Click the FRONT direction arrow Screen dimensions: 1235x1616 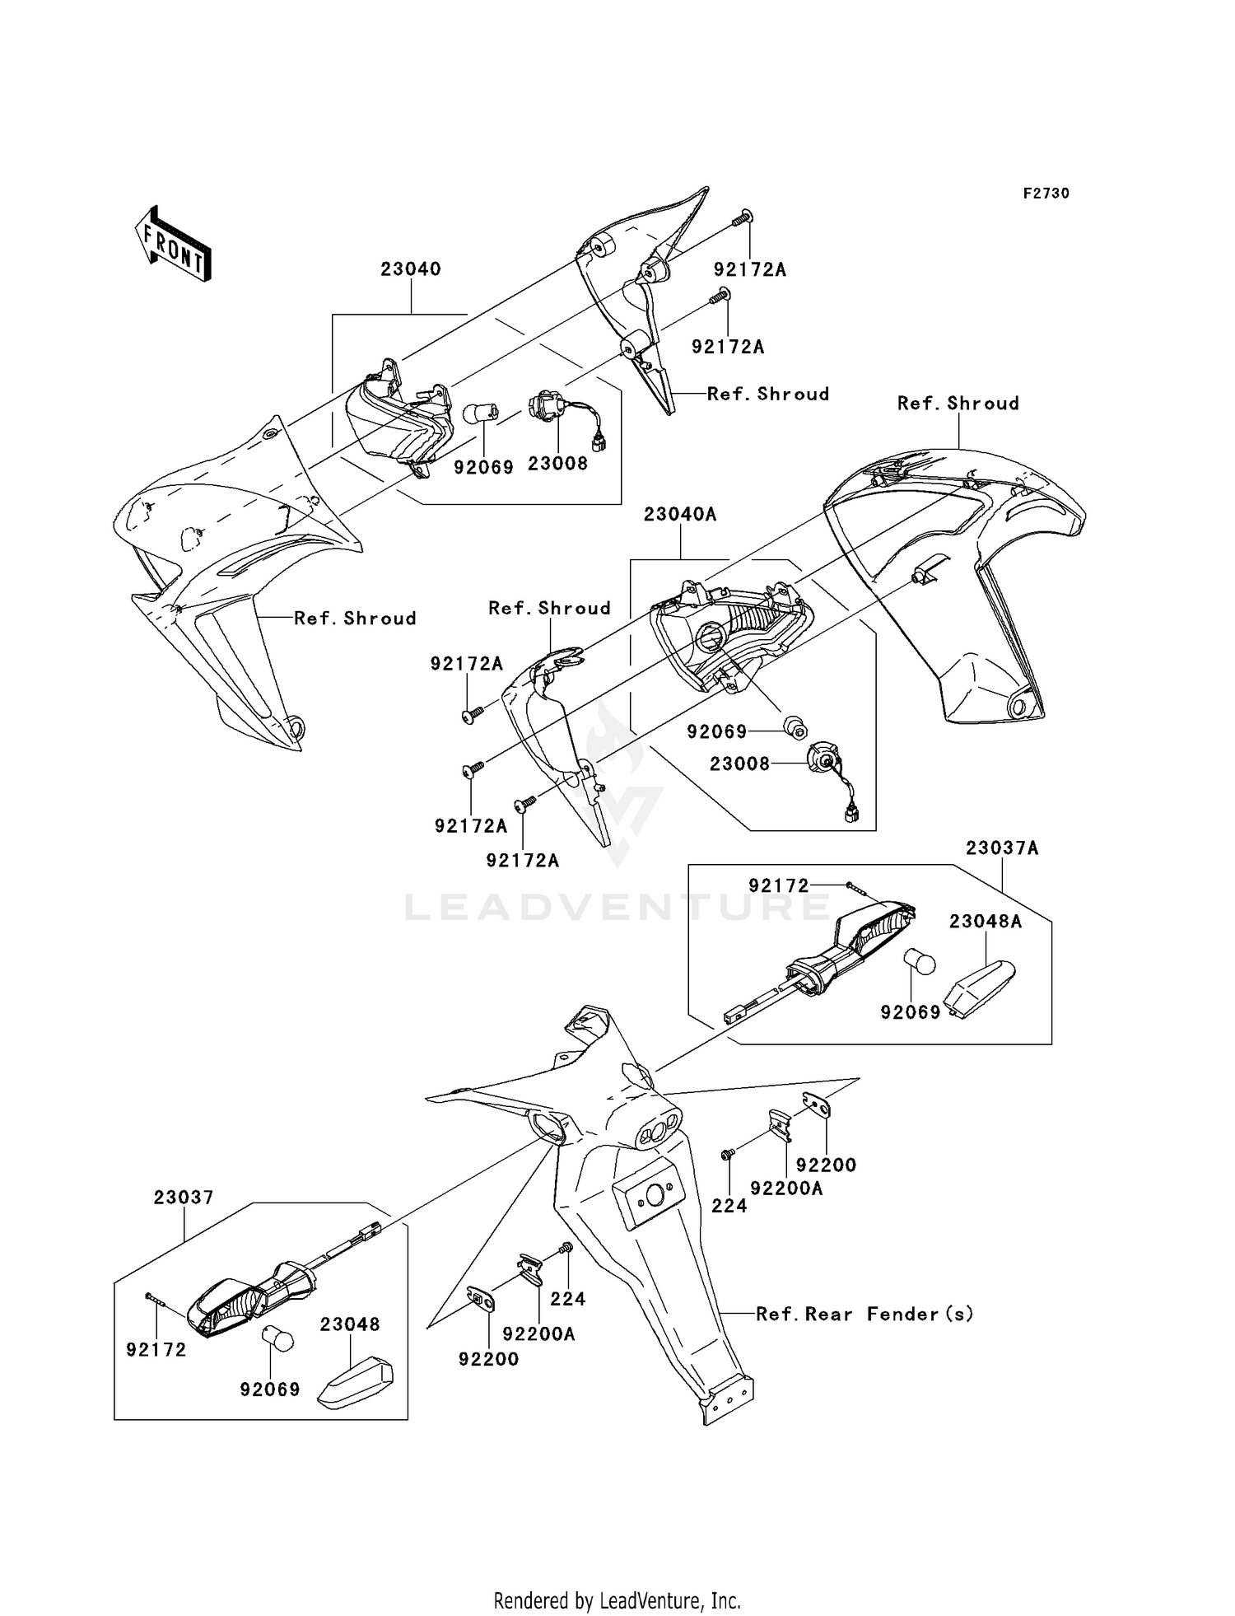pyautogui.click(x=174, y=244)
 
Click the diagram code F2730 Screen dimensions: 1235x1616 pyautogui.click(x=1046, y=194)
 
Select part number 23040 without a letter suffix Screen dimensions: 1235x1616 pyautogui.click(x=411, y=269)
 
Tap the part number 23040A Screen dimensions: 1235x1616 pyautogui.click(x=680, y=515)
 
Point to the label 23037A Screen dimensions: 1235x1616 pyautogui.click(x=1002, y=848)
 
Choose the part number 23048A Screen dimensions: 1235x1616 pyautogui.click(x=986, y=922)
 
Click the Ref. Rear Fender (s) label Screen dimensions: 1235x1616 pyautogui.click(x=864, y=1314)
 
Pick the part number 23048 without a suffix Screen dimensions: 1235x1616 pyautogui.click(x=350, y=1324)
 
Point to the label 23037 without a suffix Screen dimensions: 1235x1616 pyautogui.click(x=184, y=1198)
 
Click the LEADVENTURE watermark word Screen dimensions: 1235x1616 pyautogui.click(x=617, y=907)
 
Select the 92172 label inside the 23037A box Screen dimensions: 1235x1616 pyautogui.click(x=779, y=885)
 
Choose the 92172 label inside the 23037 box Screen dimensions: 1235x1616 pyautogui.click(x=156, y=1349)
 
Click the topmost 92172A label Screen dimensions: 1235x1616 pyautogui.click(x=750, y=269)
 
